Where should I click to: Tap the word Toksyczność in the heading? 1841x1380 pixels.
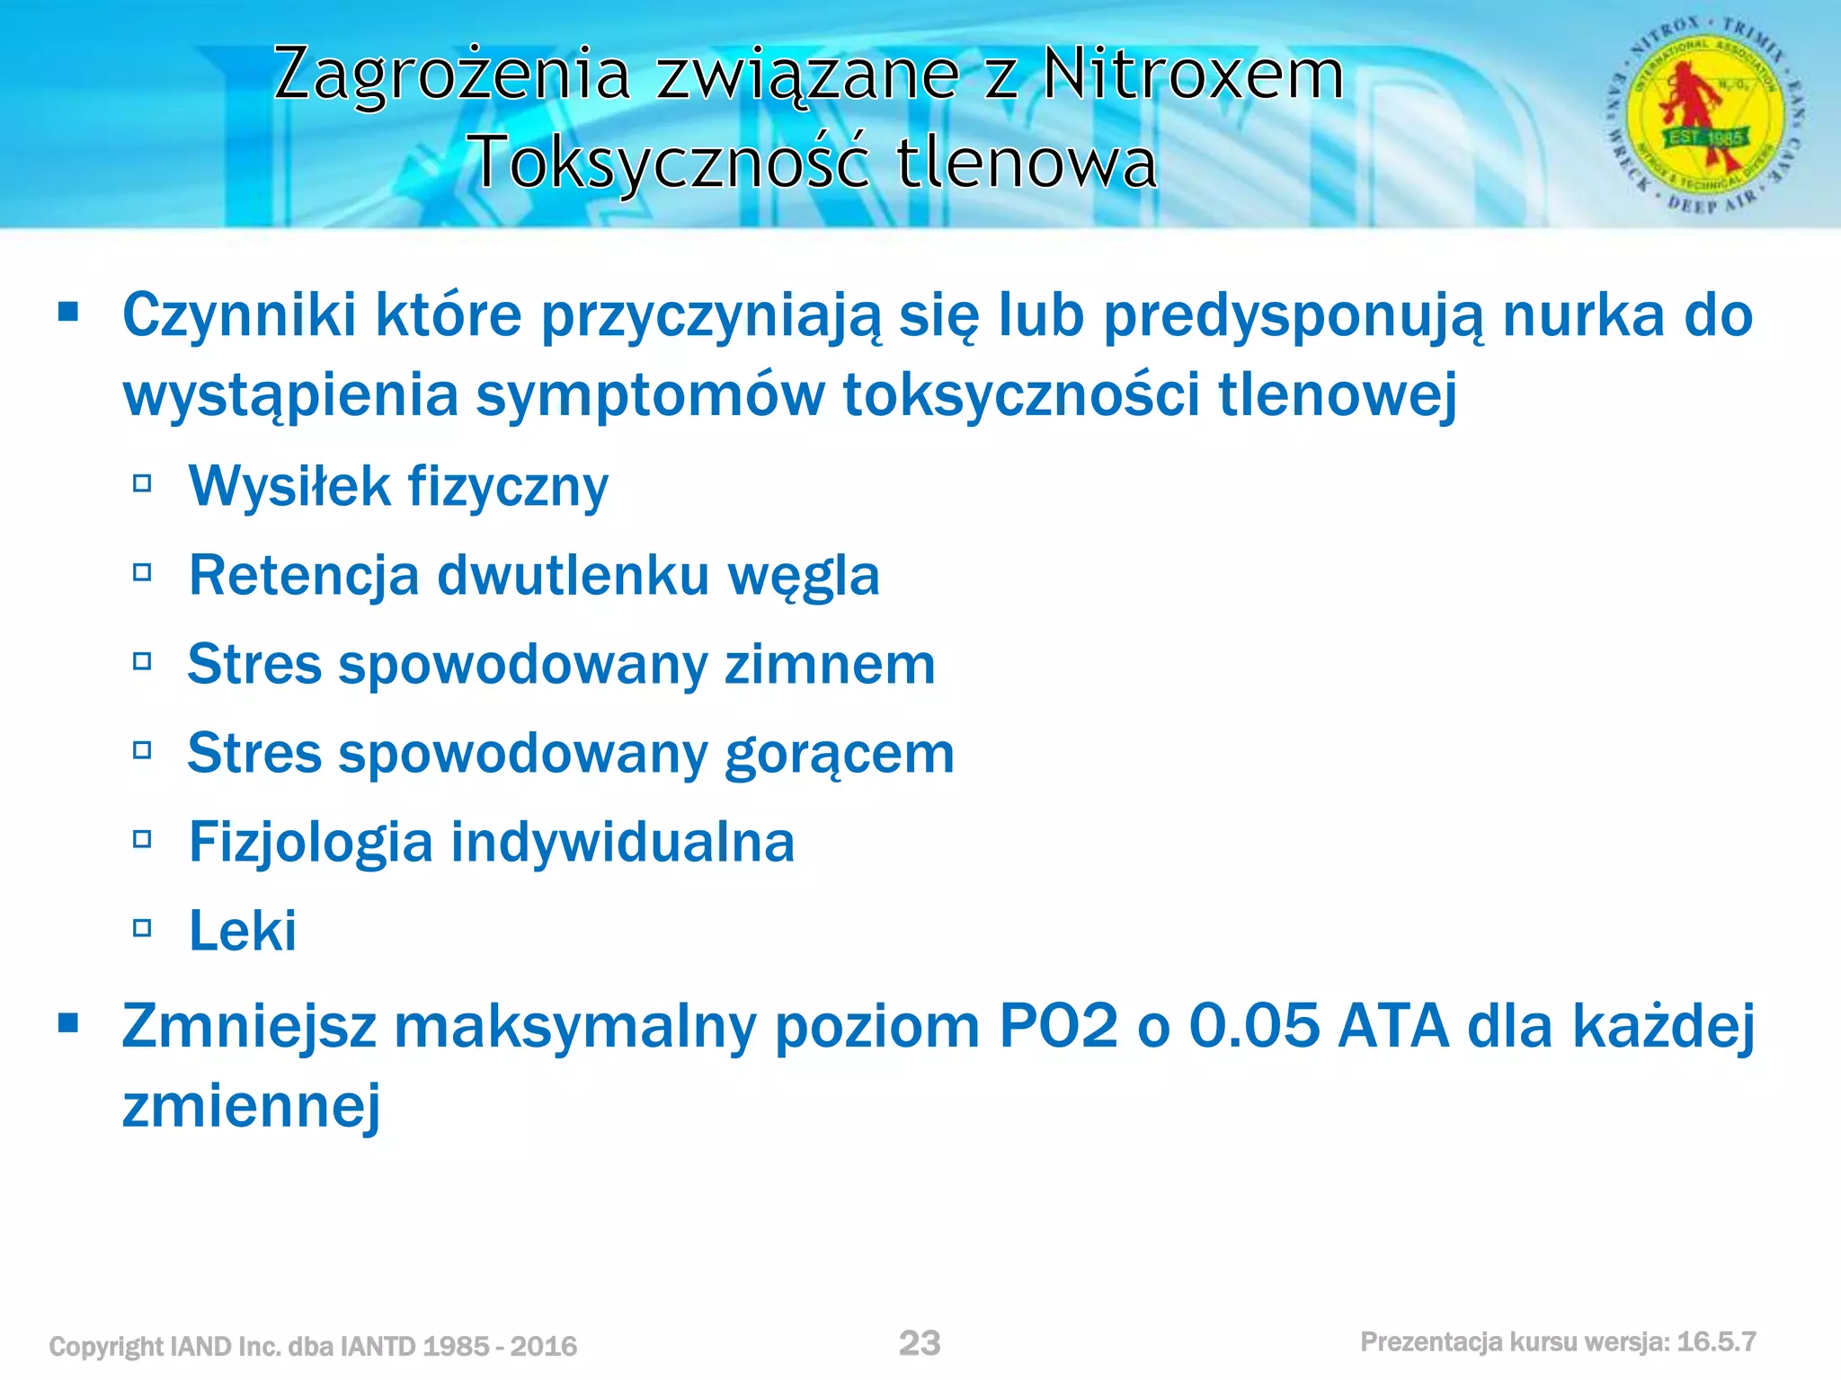pyautogui.click(x=671, y=163)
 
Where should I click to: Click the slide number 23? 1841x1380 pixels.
pyautogui.click(x=920, y=1343)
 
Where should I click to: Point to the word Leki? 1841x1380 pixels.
pyautogui.click(x=243, y=931)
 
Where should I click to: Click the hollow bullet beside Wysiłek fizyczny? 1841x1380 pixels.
pyautogui.click(x=142, y=485)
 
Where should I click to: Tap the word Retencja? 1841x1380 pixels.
pyautogui.click(x=304, y=576)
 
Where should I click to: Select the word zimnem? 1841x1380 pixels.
pyautogui.click(x=830, y=665)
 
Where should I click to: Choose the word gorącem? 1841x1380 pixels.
pyautogui.click(x=840, y=754)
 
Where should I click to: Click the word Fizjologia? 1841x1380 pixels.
pyautogui.click(x=311, y=843)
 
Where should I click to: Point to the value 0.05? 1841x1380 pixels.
pyautogui.click(x=1254, y=1026)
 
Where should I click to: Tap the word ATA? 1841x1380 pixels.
pyautogui.click(x=1392, y=1026)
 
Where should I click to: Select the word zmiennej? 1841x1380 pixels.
pyautogui.click(x=252, y=1106)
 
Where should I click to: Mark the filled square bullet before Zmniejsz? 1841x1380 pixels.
pyautogui.click(x=68, y=1023)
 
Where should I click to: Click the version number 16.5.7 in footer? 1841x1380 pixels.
pyautogui.click(x=1716, y=1342)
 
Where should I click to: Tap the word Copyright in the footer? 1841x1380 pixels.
pyautogui.click(x=107, y=1347)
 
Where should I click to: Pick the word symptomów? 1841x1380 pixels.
pyautogui.click(x=650, y=395)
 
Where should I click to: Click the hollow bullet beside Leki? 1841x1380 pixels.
pyautogui.click(x=142, y=929)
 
